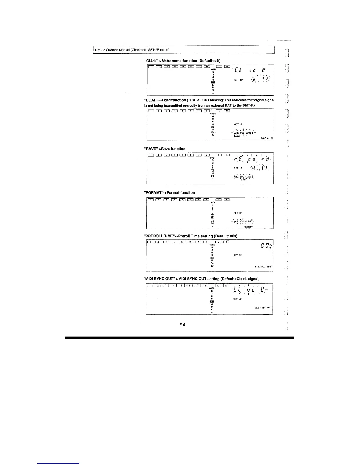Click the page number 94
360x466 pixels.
tap(182, 325)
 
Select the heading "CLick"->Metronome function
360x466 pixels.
tap(182, 61)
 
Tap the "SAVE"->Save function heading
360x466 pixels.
tap(164, 149)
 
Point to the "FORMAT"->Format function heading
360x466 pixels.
tap(169, 193)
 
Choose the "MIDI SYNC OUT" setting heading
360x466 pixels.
tap(201, 279)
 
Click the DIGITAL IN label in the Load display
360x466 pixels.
tap(267, 138)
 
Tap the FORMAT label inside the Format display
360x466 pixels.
tap(248, 227)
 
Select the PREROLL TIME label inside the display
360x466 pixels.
tap(263, 267)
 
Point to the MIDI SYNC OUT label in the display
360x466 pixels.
tap(263, 307)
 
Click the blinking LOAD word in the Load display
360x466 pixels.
tap(237, 136)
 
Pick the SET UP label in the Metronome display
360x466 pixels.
tap(239, 80)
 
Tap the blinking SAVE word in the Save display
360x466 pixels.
tap(244, 179)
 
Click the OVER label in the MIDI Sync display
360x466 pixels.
tap(212, 288)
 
